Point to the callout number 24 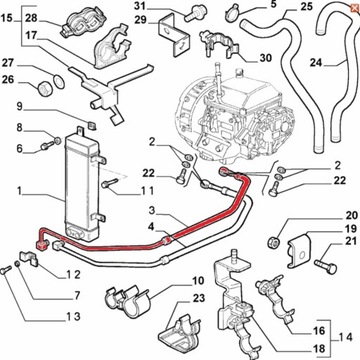coord(316,62)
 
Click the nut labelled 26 coord(43,89)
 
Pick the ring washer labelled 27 coord(59,81)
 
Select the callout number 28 coord(31,18)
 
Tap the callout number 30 coord(265,58)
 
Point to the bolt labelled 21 coord(326,265)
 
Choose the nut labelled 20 coord(273,242)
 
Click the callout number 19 coord(341,230)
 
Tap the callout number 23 coord(198,298)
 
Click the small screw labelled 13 coord(4,270)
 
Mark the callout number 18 coord(319,349)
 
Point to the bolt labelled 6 coord(47,146)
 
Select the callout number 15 coord(6,18)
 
